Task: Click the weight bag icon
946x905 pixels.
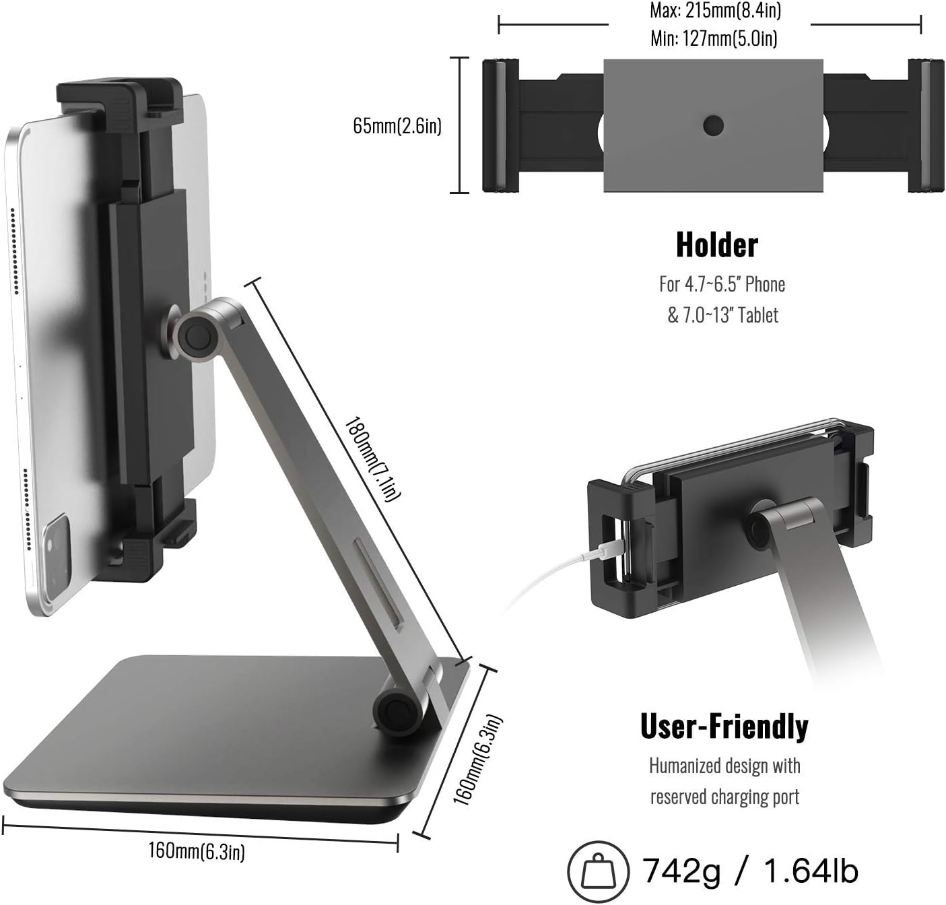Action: pos(599,871)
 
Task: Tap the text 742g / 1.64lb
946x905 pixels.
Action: pos(750,871)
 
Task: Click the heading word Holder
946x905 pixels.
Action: pos(716,245)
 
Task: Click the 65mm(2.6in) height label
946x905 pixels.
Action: pos(397,126)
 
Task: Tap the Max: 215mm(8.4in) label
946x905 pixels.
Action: pos(716,10)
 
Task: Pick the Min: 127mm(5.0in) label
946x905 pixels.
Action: pos(714,38)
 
